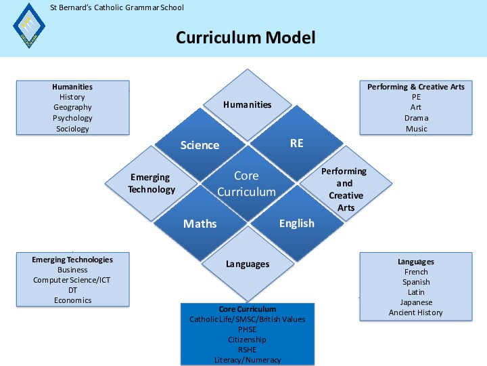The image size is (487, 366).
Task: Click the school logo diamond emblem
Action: tap(29, 26)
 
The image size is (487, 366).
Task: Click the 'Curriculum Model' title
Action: tap(246, 38)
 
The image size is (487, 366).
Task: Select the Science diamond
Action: tap(200, 145)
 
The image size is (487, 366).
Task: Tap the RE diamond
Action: tap(297, 143)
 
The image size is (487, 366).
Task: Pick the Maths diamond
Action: tap(200, 224)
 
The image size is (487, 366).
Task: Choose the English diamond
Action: tap(297, 223)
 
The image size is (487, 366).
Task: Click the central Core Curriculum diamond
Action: tap(248, 184)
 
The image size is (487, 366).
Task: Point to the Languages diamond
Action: tap(248, 264)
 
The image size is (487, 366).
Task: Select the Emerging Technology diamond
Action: tap(152, 183)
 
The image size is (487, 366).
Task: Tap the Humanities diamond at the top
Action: tap(248, 105)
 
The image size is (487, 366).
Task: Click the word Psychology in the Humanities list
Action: tap(72, 118)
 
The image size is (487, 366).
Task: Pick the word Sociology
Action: tap(72, 129)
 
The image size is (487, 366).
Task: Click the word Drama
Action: tap(416, 118)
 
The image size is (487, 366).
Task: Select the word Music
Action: tap(416, 129)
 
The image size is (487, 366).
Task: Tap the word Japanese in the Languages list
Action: tap(416, 302)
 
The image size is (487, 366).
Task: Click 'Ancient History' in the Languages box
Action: tap(415, 312)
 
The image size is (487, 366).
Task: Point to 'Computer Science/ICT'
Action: tap(72, 280)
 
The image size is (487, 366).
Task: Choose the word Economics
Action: tap(72, 300)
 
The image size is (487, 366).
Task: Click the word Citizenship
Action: tap(248, 340)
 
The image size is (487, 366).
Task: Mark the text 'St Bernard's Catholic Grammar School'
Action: tap(117, 7)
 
